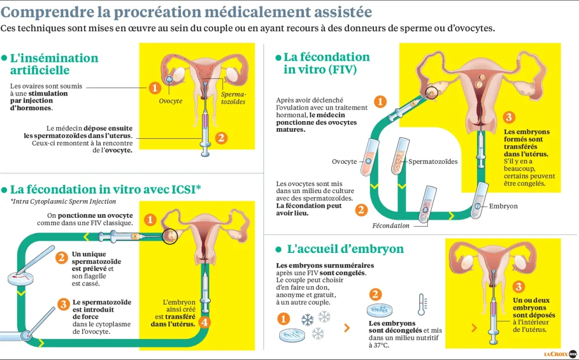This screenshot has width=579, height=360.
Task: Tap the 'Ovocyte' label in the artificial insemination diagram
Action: point(170,101)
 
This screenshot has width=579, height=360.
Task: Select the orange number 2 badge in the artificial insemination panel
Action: point(221,138)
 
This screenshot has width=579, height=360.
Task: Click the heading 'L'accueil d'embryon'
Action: point(345,249)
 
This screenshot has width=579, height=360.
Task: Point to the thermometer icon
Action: point(422,304)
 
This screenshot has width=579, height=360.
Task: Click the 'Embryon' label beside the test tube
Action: point(503,206)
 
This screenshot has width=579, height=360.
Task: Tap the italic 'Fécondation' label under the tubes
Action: point(391,226)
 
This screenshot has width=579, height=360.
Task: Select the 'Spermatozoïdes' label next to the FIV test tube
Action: point(433,161)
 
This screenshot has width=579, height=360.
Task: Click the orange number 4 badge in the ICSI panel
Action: point(204,322)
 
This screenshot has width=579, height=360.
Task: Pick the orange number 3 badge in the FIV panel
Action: point(509,118)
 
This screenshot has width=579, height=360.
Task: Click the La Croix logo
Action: point(560,354)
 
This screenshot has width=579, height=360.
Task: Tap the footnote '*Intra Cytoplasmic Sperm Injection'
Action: point(63,202)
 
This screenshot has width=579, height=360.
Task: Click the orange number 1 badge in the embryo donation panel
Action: point(283,318)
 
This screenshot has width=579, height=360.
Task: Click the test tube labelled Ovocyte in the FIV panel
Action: point(369,157)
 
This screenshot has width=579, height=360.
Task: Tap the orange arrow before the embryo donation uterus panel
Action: point(474,327)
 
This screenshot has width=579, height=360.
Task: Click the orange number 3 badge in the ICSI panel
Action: point(63,304)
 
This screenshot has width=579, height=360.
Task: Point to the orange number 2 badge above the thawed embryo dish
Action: point(375,295)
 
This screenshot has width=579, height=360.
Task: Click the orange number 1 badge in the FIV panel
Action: point(380,102)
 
